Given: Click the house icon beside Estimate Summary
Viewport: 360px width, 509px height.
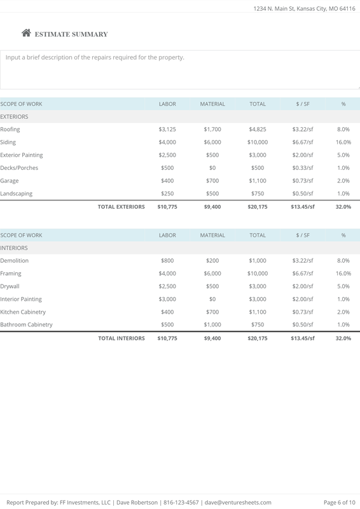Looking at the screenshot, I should [26, 34].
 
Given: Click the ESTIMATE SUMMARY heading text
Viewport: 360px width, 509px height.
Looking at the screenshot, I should [71, 34].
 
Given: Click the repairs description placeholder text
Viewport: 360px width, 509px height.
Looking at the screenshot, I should [95, 57].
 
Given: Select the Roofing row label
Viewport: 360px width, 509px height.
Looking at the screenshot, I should [10, 129].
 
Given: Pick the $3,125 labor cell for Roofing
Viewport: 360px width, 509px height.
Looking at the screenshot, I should [167, 129].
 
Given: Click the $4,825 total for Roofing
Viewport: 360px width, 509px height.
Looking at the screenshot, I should [258, 129].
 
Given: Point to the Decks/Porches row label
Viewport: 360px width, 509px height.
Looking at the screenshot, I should [19, 168].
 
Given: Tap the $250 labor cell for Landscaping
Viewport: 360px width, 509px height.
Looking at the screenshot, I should [168, 193].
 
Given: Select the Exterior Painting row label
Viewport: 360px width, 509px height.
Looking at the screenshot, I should [22, 155].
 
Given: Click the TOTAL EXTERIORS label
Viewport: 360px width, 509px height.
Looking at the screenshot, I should [121, 207].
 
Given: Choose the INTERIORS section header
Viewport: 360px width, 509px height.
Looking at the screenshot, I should [14, 248].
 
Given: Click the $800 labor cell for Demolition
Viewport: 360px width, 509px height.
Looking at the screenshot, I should [168, 260].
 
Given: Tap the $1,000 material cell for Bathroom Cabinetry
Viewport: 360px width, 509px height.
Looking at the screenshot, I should [212, 324].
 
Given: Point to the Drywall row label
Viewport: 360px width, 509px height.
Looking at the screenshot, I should [10, 286].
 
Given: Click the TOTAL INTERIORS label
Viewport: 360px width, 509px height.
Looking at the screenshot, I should [121, 338].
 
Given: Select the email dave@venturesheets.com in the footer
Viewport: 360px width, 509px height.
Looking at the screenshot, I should [238, 502].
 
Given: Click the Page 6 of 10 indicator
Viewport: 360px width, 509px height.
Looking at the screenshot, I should [339, 502].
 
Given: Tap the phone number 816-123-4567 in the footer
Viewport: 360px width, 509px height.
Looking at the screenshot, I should [182, 502].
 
